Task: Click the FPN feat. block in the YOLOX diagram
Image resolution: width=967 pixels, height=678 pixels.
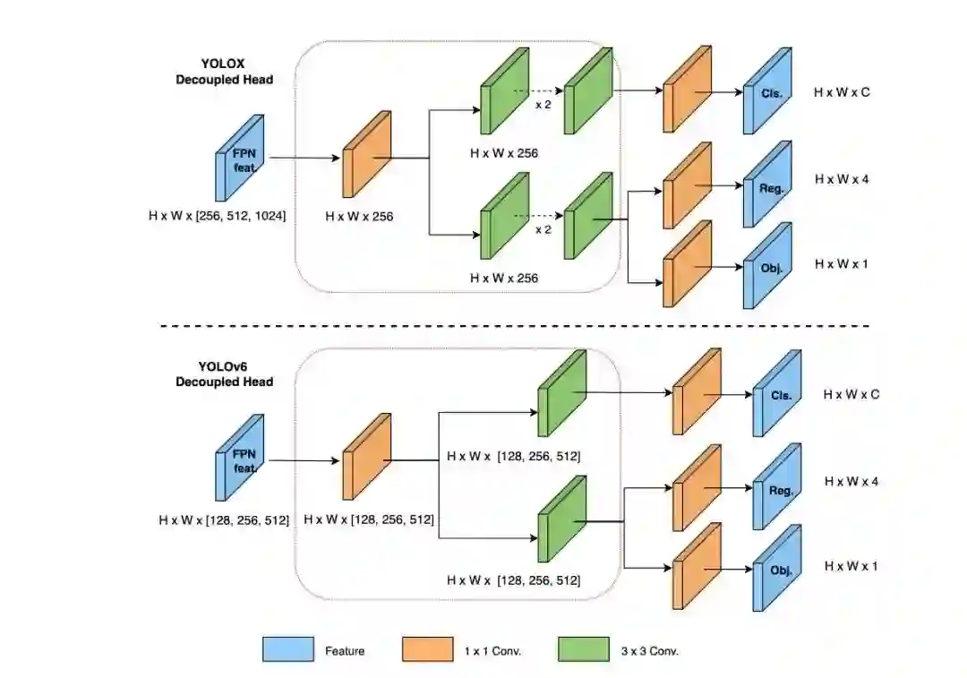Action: tap(240, 158)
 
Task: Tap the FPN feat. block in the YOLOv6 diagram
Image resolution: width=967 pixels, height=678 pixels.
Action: tap(240, 458)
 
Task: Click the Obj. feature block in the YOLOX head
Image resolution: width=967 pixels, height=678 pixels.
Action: tap(767, 265)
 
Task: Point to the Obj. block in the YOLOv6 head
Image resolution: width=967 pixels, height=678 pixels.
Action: tap(776, 569)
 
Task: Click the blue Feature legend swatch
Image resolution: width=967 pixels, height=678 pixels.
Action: tap(288, 649)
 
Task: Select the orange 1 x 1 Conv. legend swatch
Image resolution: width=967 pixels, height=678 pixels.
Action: tap(427, 649)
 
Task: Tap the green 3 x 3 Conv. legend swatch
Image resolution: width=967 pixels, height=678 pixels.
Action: tap(582, 649)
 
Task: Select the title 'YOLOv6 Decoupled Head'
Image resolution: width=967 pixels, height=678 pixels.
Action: tap(224, 374)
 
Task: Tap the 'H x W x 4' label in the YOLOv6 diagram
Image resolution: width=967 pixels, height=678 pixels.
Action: tap(851, 482)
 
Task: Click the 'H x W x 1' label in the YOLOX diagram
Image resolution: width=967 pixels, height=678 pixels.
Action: tap(841, 264)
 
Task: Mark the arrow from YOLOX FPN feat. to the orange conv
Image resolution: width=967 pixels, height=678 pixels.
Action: tap(304, 158)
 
